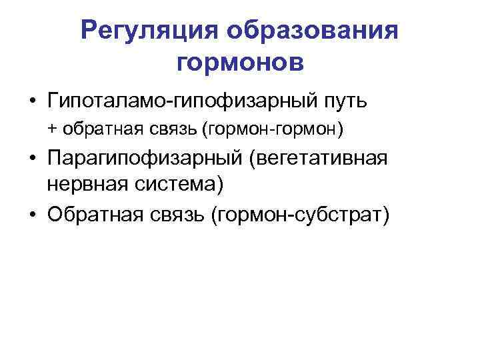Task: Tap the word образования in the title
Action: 312,31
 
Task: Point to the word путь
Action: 343,101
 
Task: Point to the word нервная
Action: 89,185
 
